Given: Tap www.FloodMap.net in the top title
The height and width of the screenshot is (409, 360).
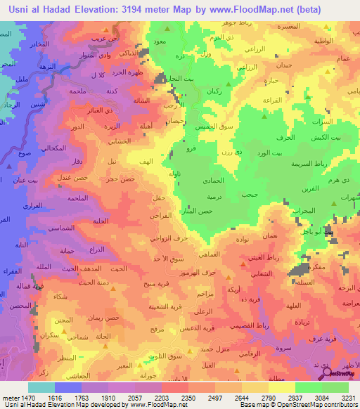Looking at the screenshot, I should coord(250,9).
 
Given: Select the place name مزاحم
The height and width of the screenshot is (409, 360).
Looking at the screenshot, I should coord(222,293).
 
